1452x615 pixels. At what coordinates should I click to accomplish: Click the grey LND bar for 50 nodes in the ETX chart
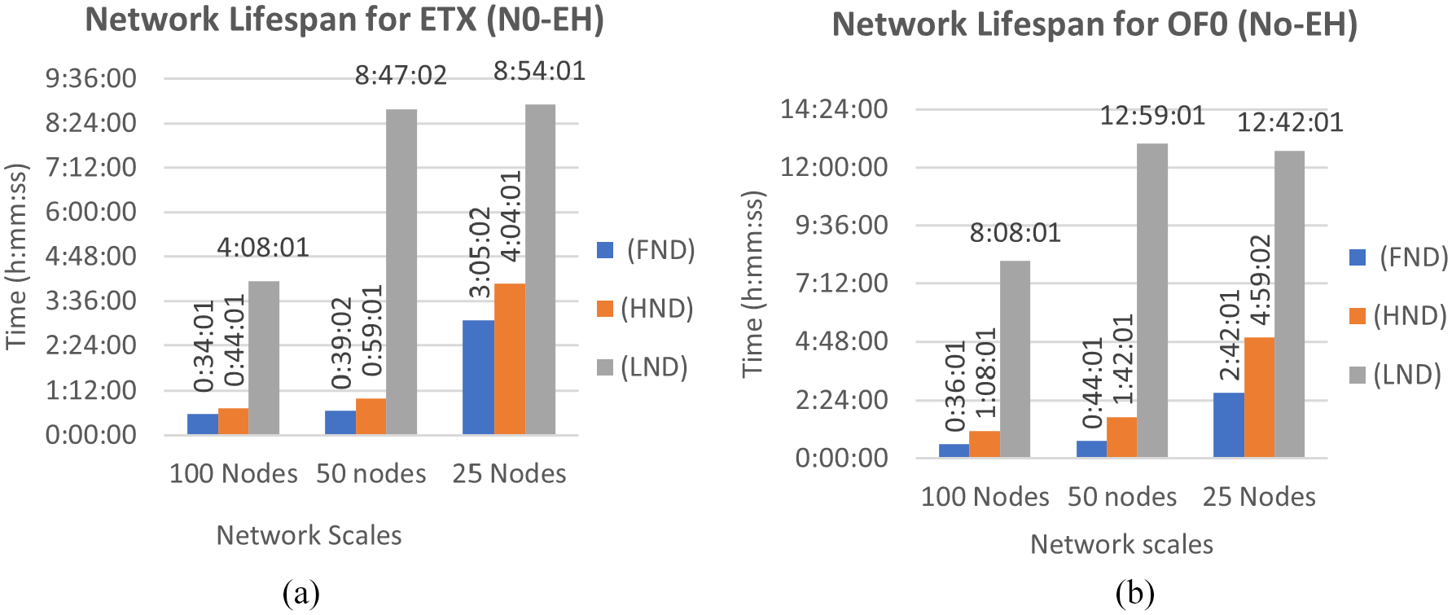pyautogui.click(x=401, y=271)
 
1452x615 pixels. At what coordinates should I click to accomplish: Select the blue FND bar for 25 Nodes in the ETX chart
pyautogui.click(x=478, y=376)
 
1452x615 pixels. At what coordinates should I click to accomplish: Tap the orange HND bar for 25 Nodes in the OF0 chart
pyautogui.click(x=1259, y=397)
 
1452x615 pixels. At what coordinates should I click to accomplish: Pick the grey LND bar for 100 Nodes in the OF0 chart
pyautogui.click(x=1015, y=358)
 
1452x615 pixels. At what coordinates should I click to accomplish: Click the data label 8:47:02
pyautogui.click(x=401, y=76)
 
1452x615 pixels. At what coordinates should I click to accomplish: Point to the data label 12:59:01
pyautogui.click(x=1152, y=116)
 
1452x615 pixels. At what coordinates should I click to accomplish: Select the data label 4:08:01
pyautogui.click(x=263, y=247)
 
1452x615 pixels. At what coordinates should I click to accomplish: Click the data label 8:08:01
pyautogui.click(x=1015, y=233)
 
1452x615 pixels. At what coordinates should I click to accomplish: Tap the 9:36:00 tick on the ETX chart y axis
pyautogui.click(x=90, y=79)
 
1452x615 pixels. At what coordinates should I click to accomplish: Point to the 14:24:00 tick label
pyautogui.click(x=834, y=109)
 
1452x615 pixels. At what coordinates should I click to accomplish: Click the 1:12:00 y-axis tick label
pyautogui.click(x=90, y=390)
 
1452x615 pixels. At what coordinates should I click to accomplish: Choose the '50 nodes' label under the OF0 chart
pyautogui.click(x=1122, y=496)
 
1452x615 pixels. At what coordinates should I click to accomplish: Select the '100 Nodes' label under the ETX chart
pyautogui.click(x=233, y=473)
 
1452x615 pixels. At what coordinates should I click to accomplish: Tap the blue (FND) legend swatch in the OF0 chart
pyautogui.click(x=1357, y=257)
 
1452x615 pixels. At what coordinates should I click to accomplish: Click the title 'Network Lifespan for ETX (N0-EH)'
pyautogui.click(x=344, y=20)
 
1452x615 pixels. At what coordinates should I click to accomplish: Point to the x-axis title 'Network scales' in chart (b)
pyautogui.click(x=1121, y=544)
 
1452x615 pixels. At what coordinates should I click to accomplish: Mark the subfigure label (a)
pyautogui.click(x=300, y=593)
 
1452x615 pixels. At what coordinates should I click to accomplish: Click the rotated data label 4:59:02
pyautogui.click(x=1260, y=279)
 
